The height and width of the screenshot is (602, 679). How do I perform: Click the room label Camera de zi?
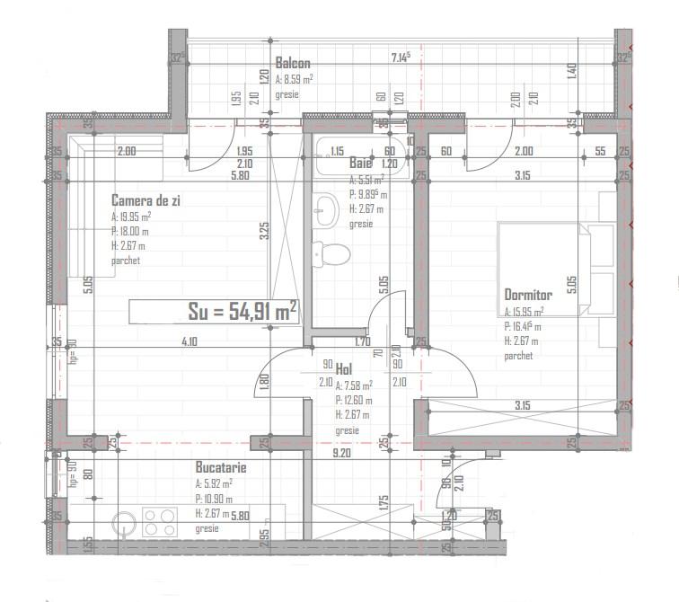(x=146, y=200)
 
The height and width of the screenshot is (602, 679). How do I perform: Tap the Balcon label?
(x=293, y=64)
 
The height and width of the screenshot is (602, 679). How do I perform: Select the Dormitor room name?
(x=528, y=294)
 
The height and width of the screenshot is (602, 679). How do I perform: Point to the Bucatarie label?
(x=221, y=467)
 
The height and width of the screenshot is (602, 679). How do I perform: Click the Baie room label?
(x=360, y=164)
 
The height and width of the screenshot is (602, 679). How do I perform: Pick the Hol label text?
(x=343, y=368)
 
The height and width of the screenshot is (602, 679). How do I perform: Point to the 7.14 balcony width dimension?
(x=401, y=58)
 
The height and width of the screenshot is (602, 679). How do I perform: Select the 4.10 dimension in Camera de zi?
(x=189, y=341)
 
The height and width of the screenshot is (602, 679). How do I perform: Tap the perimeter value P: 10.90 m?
(x=214, y=499)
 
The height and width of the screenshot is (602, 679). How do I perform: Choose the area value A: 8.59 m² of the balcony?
(x=294, y=79)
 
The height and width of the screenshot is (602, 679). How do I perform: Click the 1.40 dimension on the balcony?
(x=571, y=68)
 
